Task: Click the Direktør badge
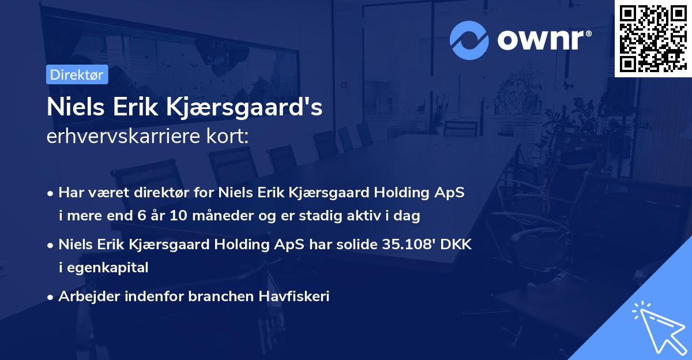click(77, 74)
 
